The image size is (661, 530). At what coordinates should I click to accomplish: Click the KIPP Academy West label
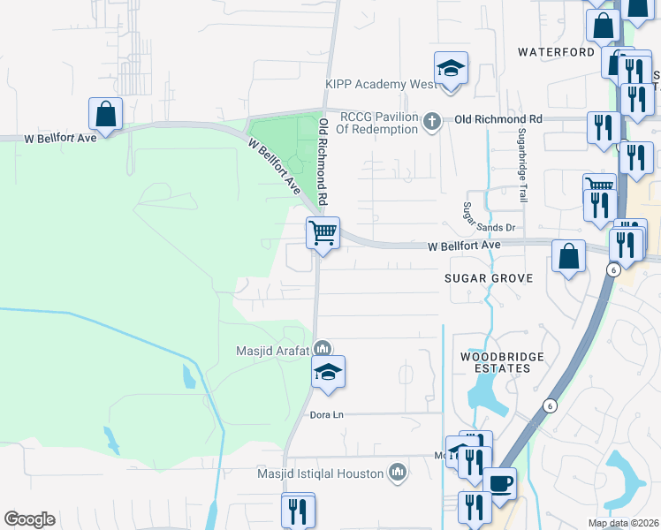[380, 85]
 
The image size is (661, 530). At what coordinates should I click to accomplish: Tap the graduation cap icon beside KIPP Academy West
[451, 69]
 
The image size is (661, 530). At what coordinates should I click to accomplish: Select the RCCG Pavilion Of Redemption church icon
[432, 121]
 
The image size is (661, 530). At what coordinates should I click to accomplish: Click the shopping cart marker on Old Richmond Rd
[323, 234]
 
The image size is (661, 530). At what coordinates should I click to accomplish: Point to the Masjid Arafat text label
[272, 351]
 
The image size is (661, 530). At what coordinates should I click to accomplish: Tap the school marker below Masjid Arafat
[328, 372]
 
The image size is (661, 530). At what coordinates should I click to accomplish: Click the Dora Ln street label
[325, 413]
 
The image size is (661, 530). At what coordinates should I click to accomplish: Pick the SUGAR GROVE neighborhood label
[490, 278]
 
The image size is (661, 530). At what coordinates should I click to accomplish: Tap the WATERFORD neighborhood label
[557, 52]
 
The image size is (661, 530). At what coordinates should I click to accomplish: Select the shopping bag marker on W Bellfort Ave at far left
[105, 114]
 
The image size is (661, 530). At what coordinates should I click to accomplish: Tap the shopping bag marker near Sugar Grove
[569, 256]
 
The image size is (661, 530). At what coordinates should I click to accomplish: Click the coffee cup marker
[499, 484]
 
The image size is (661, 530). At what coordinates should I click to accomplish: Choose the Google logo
[29, 519]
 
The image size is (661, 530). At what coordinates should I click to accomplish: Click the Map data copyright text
[622, 523]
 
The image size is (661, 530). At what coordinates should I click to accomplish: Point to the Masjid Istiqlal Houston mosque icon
[398, 474]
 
